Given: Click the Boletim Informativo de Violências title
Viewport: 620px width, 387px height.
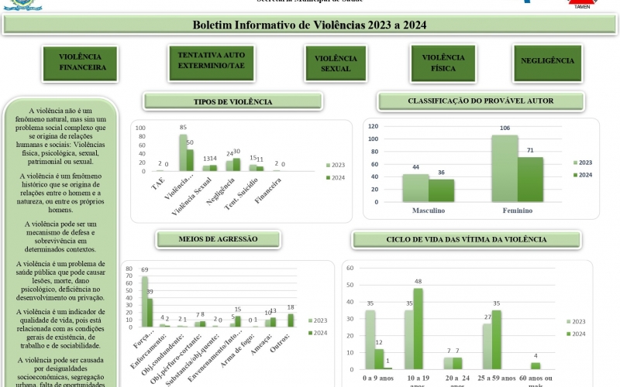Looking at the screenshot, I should click(x=309, y=25).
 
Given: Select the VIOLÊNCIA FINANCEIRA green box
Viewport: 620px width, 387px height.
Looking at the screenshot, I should click(x=81, y=63).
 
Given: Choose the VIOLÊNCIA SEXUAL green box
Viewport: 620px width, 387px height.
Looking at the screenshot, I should click(x=336, y=63).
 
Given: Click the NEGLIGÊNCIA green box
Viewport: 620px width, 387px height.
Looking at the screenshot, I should click(x=548, y=61).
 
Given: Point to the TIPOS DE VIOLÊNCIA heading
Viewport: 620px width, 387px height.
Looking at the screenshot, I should click(x=232, y=102).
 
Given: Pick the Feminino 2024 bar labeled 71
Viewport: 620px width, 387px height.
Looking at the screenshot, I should click(x=532, y=180).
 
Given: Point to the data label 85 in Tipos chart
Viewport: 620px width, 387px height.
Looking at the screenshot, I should click(x=183, y=127).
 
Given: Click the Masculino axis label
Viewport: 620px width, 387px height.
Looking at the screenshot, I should click(x=429, y=211).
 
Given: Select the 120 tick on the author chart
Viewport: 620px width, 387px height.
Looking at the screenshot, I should click(x=374, y=126).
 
